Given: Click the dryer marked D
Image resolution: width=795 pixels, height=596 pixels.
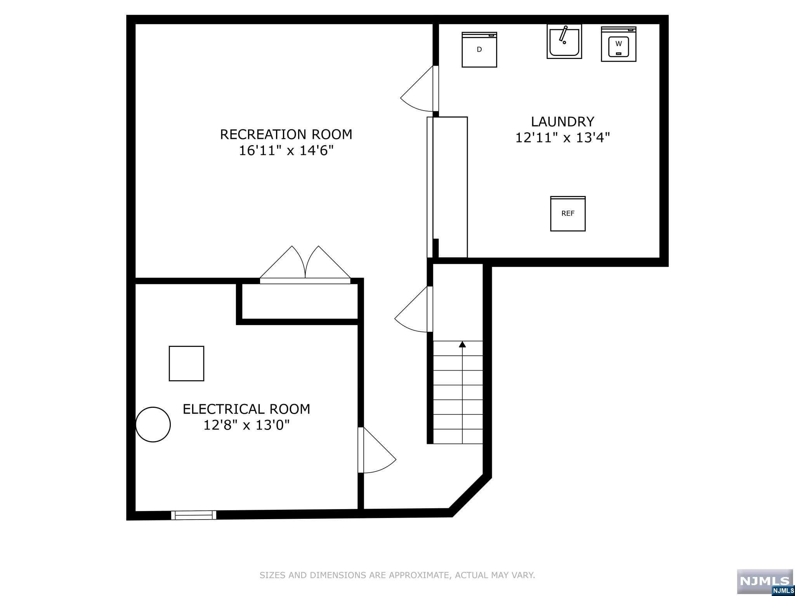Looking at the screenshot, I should coord(479,50).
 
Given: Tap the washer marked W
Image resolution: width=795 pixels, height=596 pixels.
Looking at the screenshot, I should coord(618,44).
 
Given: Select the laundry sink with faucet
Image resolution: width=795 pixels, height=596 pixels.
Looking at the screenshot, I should coord(564,41).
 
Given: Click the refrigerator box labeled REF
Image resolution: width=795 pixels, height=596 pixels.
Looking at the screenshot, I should coord(568,214).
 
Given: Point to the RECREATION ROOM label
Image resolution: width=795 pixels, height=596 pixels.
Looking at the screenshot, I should coord(286,135).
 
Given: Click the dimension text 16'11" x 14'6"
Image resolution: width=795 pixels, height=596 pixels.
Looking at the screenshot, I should coord(286,151).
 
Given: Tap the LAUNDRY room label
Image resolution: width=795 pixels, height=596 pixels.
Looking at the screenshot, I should coord(562,122).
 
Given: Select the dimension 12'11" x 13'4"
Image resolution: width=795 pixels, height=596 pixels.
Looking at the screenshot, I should coord(562,138).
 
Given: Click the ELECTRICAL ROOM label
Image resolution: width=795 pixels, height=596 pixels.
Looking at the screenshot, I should coord(246,409).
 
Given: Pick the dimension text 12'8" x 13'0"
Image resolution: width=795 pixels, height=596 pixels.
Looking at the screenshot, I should coord(246,425).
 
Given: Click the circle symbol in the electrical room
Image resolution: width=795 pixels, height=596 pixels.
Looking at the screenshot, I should coord(153,424).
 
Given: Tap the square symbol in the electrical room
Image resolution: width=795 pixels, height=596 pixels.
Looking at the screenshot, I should coord(186,364).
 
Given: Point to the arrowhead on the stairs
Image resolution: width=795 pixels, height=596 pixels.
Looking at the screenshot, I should coord(462,344).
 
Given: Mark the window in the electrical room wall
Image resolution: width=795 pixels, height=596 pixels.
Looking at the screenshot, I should coord(194,515).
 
